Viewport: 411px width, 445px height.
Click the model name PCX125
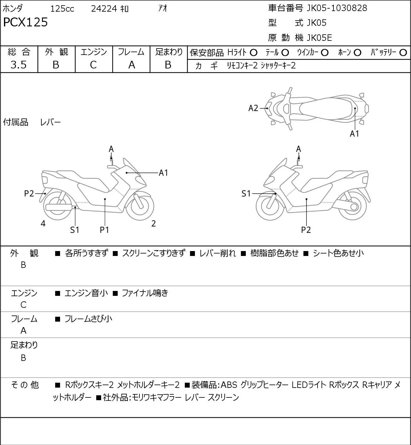(x=25, y=22)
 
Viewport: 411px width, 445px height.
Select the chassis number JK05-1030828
(x=337, y=8)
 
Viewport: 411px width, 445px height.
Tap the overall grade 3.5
(x=19, y=65)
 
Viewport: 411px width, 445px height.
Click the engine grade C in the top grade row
(x=93, y=65)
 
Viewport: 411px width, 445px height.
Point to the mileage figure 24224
(x=104, y=9)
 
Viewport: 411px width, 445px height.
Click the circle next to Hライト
(x=253, y=53)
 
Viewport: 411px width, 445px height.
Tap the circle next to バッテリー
(x=403, y=53)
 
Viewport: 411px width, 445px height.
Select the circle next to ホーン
(x=357, y=53)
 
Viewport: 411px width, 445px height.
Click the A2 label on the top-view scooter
(x=253, y=108)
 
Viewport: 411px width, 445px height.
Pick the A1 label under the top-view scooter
(x=354, y=133)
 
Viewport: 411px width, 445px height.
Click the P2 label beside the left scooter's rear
(x=29, y=193)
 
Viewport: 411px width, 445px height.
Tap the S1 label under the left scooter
(x=74, y=230)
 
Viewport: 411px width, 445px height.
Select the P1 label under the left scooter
(x=104, y=230)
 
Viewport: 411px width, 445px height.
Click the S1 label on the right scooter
(x=246, y=193)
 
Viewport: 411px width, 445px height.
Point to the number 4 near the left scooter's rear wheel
(x=43, y=223)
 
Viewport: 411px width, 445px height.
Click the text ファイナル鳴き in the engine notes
(x=145, y=293)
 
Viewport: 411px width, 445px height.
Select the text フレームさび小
(x=88, y=319)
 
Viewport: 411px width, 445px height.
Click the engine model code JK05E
(x=319, y=38)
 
